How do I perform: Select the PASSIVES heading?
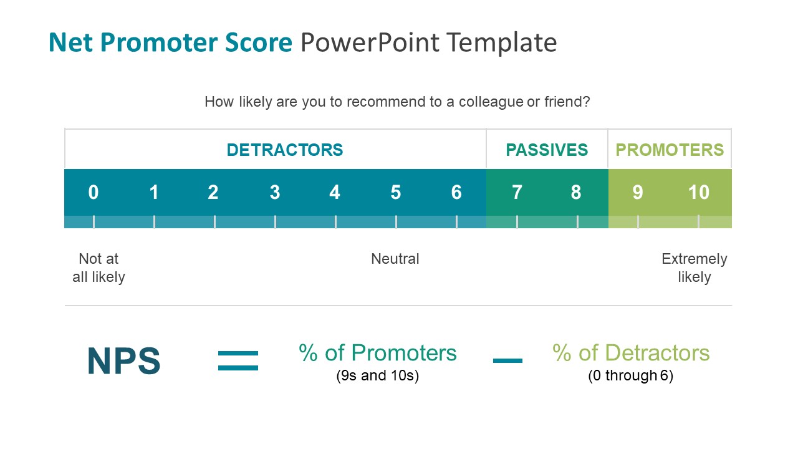[x=547, y=150]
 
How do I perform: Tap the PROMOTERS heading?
[x=670, y=150]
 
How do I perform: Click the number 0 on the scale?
[x=94, y=193]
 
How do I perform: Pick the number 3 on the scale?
[x=275, y=193]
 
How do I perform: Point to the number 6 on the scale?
[x=456, y=193]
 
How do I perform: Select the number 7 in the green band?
[x=517, y=193]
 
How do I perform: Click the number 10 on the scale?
[x=698, y=193]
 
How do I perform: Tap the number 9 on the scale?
[x=637, y=193]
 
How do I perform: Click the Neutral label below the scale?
[x=395, y=259]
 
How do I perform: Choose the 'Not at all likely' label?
[x=99, y=268]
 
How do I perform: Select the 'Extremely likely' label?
[x=695, y=268]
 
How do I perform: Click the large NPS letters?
[x=124, y=361]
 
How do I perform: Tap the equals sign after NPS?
[x=238, y=361]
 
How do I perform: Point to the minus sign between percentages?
[x=507, y=360]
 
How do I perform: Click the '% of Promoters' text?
[x=378, y=353]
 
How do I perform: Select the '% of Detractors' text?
[x=631, y=353]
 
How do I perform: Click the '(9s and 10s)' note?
[x=377, y=376]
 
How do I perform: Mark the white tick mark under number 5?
[x=396, y=222]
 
